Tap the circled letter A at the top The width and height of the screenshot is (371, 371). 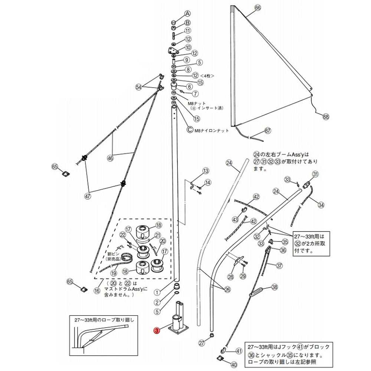(188, 13)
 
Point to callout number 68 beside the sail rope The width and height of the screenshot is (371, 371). (326, 116)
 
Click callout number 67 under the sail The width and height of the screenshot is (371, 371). (268, 131)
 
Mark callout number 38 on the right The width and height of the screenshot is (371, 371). (275, 286)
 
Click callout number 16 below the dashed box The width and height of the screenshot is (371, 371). (97, 290)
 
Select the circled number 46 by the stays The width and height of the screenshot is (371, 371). (110, 158)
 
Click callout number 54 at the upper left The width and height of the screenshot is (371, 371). (139, 87)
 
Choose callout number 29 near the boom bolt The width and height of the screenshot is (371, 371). (243, 276)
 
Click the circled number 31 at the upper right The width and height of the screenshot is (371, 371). (315, 174)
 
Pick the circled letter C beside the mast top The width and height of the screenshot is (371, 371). (190, 130)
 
